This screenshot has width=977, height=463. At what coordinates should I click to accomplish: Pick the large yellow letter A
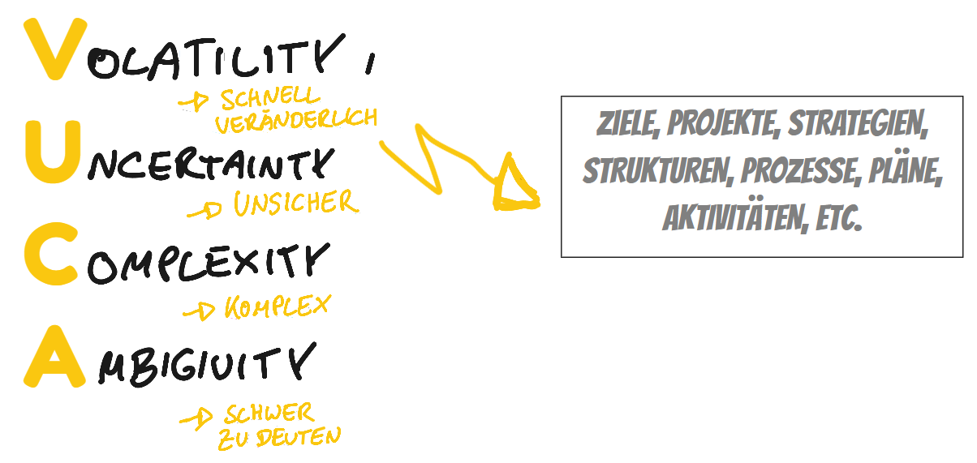tap(53, 357)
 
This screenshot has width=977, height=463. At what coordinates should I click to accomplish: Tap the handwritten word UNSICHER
tap(295, 204)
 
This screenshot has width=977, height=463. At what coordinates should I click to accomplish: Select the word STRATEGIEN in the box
tap(858, 126)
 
